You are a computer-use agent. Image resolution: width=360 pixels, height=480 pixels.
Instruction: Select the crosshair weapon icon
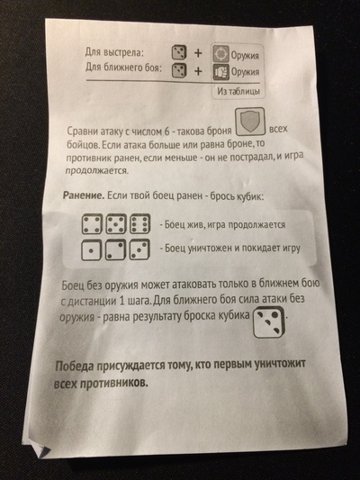click(221, 52)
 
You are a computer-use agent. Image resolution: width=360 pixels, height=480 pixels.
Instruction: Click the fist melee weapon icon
click(221, 70)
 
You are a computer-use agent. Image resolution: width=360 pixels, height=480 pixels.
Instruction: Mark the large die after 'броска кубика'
click(265, 317)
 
